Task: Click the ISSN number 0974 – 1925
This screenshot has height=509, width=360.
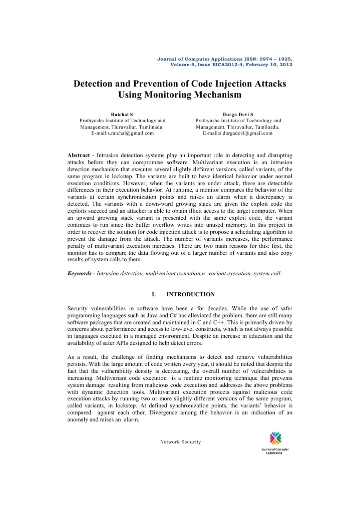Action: tap(273, 59)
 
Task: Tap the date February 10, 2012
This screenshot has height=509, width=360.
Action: tap(269, 65)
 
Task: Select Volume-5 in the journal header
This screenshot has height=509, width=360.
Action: tap(184, 65)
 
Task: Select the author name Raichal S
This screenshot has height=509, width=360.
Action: tap(122, 115)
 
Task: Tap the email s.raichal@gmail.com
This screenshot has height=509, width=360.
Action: tap(123, 133)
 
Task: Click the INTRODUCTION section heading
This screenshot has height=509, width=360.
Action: tap(190, 294)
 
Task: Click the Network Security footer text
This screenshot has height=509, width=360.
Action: tap(180, 442)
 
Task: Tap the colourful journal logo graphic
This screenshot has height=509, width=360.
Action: tap(275, 437)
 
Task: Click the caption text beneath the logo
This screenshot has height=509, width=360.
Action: tap(275, 451)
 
